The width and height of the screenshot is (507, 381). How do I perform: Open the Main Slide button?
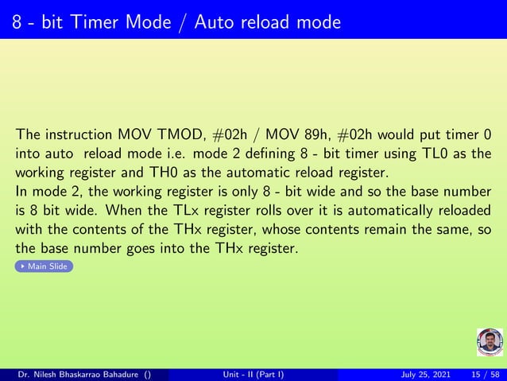45,266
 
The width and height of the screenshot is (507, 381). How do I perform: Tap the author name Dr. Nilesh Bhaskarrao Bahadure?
79,374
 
